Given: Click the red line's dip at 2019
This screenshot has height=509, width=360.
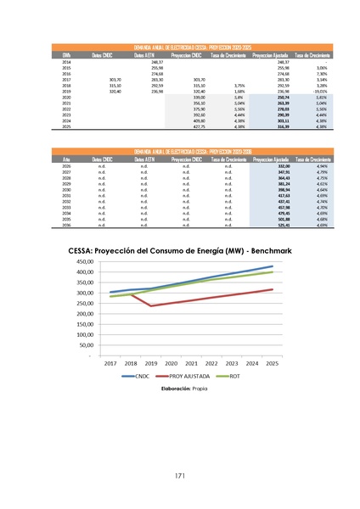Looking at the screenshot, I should tap(151, 305).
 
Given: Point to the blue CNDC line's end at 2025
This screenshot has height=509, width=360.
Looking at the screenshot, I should tap(273, 266).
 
